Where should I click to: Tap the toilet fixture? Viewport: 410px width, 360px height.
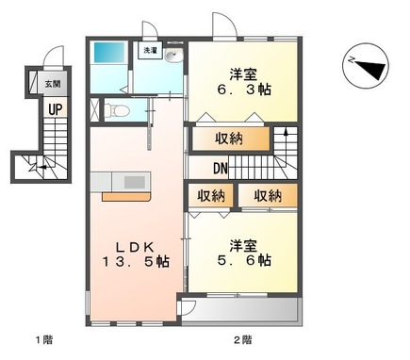pos(119,110)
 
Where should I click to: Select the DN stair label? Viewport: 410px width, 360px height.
pos(220,170)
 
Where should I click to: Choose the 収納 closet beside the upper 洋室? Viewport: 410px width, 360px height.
pos(234,139)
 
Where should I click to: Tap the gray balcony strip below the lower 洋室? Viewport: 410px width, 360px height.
pos(240,310)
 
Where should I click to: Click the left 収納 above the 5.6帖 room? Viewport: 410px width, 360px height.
pos(212,196)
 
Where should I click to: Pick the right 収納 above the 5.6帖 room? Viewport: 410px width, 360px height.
pos(266,196)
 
